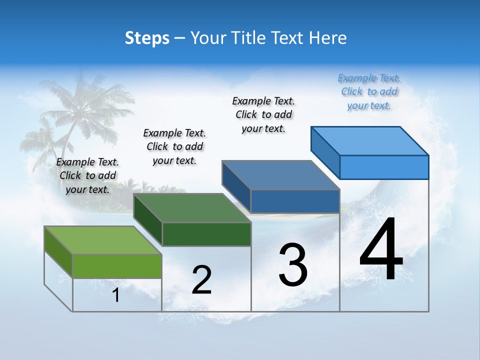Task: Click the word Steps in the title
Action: pyautogui.click(x=147, y=38)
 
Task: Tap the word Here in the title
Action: pyautogui.click(x=327, y=38)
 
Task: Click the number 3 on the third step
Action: pyautogui.click(x=293, y=265)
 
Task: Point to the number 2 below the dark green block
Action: pyautogui.click(x=202, y=280)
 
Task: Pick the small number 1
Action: pyautogui.click(x=116, y=295)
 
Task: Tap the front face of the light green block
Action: pyautogui.click(x=117, y=266)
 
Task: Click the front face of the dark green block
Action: pyautogui.click(x=206, y=234)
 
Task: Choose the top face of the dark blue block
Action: pyautogui.click(x=280, y=175)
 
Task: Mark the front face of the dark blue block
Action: pyautogui.click(x=295, y=201)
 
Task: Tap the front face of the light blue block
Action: pyautogui.click(x=384, y=167)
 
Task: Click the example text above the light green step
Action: pyautogui.click(x=87, y=175)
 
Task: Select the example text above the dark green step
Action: pyautogui.click(x=174, y=146)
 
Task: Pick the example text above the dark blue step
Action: pyautogui.click(x=263, y=114)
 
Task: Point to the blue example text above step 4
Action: pyautogui.click(x=369, y=91)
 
